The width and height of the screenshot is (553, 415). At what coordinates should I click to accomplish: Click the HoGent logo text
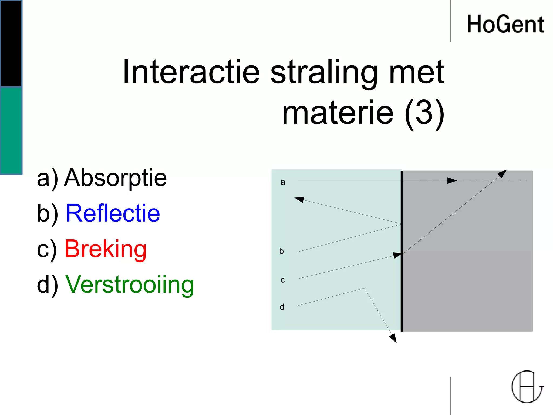(505, 24)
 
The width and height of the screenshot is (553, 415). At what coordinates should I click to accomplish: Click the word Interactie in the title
(191, 72)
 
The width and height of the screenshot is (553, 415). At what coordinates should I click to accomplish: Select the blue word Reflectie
(113, 213)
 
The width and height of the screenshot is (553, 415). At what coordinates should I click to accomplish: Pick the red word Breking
(106, 249)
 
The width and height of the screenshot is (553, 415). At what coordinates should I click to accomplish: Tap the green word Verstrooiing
(130, 285)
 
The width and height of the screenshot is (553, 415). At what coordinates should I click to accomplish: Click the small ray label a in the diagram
(283, 182)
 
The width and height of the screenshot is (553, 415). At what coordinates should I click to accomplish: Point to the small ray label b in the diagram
(282, 251)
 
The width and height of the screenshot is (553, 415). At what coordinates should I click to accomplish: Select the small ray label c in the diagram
(283, 280)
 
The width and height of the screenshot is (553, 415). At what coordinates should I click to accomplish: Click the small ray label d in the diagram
(282, 307)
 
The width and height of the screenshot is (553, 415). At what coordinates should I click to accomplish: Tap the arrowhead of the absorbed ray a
(452, 180)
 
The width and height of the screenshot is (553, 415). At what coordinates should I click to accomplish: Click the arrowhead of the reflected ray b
(299, 199)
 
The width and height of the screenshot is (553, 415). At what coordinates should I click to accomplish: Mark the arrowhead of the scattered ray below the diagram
(393, 338)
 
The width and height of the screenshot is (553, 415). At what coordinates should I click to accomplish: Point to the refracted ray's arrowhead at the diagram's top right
(502, 173)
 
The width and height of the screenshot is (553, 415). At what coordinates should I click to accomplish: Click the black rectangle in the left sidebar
(11, 43)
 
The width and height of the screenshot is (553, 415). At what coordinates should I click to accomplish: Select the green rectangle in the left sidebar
(11, 130)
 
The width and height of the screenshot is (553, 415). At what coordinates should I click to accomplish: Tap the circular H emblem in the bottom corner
(527, 387)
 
